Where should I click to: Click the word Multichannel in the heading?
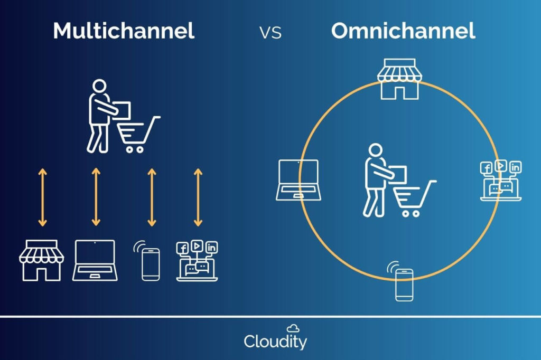point(124,31)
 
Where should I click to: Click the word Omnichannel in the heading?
point(403,31)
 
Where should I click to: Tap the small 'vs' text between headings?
point(270,33)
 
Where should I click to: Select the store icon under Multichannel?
point(41,260)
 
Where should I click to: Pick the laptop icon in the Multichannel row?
point(94,260)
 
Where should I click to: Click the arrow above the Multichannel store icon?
point(42,197)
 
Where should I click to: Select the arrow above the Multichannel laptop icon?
point(96,197)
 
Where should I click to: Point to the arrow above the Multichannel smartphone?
point(152,197)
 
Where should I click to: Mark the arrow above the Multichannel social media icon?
point(198,197)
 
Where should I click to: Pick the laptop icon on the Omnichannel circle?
point(297,180)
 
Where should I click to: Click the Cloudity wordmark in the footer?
point(275,342)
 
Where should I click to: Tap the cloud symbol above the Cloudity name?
point(293,328)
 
